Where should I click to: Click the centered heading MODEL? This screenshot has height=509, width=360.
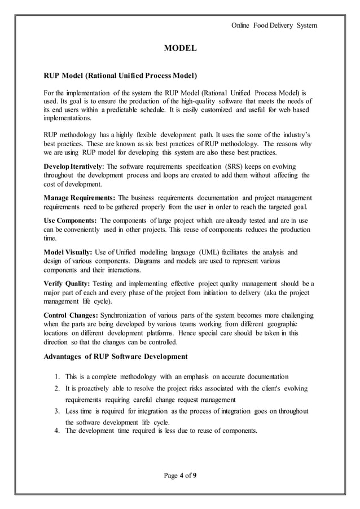click(x=180, y=50)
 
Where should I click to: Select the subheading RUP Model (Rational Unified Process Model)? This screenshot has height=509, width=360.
click(x=120, y=75)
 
